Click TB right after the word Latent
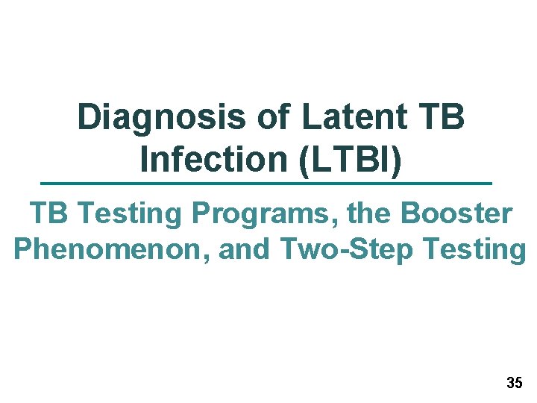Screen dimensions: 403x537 442,117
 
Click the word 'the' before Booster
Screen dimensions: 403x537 368,214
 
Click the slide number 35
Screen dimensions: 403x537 514,384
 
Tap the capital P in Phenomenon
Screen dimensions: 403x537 23,249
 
